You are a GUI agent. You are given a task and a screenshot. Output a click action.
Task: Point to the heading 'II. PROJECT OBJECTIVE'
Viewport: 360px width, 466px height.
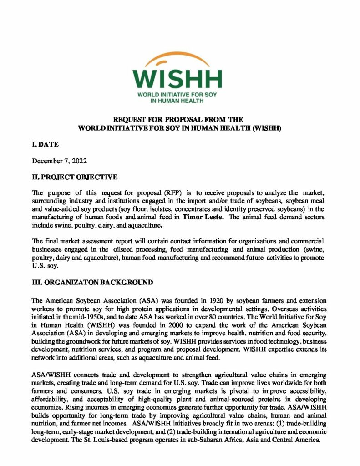point(75,176)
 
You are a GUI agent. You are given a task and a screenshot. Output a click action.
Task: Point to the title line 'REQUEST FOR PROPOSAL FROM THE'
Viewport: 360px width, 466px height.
point(179,119)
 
